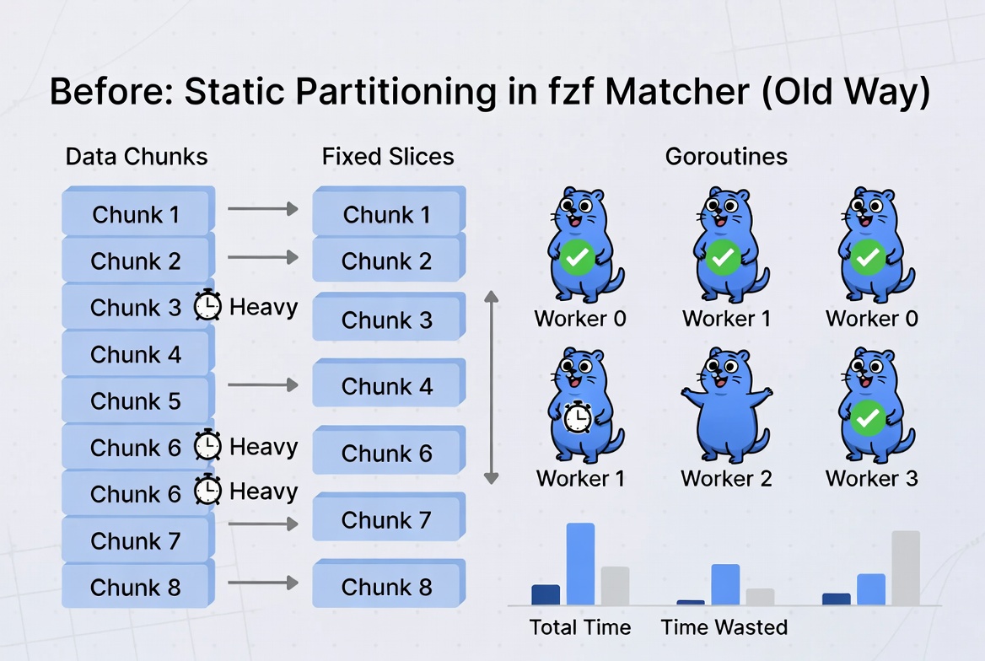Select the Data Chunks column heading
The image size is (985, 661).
pos(137,157)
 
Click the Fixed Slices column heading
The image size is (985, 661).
pos(388,157)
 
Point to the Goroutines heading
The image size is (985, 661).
pos(726,157)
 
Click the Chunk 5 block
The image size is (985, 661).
pos(136,401)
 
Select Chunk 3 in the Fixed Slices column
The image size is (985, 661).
pos(387,320)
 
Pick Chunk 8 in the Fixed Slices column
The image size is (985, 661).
pos(387,587)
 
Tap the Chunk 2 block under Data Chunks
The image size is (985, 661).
pos(136,261)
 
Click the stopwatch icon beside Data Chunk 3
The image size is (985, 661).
pos(207,306)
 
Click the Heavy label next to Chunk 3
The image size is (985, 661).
pos(263,307)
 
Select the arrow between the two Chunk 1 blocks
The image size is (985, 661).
pos(263,209)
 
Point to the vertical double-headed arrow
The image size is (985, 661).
pos(491,388)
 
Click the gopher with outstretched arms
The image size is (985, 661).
pos(725,405)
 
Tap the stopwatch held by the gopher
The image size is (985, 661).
pos(578,417)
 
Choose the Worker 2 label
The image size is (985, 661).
pos(726,479)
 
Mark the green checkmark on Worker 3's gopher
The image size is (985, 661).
pos(868,417)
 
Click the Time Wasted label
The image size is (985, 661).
pos(724,627)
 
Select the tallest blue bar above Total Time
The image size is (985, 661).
pos(580,563)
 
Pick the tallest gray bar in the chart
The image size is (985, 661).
pos(906,567)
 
